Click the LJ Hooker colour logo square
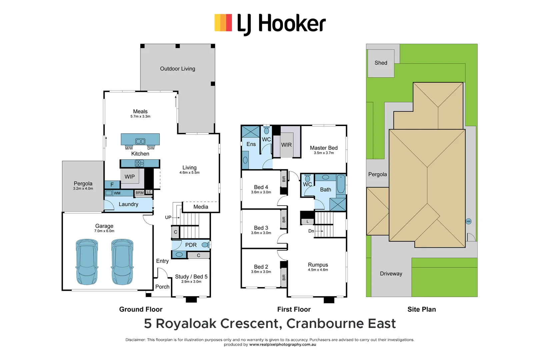[x=223, y=23]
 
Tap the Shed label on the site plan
[x=381, y=63]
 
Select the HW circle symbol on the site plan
[x=468, y=221]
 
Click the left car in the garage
[x=87, y=262]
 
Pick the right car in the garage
[x=122, y=262]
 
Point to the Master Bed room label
[x=324, y=148]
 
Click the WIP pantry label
[x=130, y=177]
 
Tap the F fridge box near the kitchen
[x=112, y=185]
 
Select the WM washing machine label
[x=117, y=193]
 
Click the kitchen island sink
[x=140, y=141]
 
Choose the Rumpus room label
[x=318, y=265]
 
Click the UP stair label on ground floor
[x=168, y=217]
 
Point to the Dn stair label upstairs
[x=311, y=231]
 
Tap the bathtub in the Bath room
[x=341, y=184]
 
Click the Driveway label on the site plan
[x=391, y=274]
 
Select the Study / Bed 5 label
[x=191, y=277]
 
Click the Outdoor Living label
[x=177, y=69]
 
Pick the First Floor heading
[x=294, y=309]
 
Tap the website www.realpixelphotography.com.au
[x=282, y=345]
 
